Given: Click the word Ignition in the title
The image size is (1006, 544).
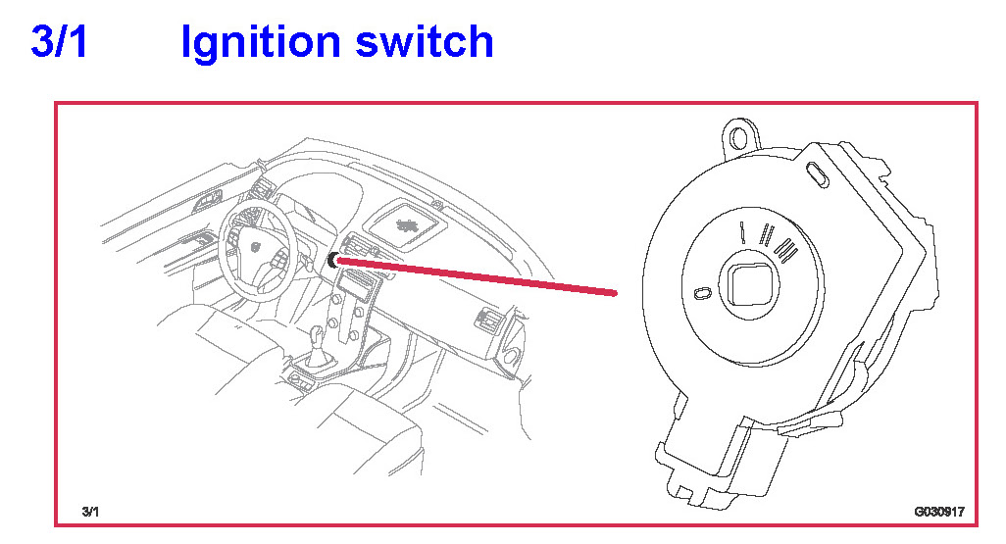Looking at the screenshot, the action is [261, 43].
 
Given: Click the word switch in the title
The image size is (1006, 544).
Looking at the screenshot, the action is [425, 42].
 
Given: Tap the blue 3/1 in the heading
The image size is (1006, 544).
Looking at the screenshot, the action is [59, 41].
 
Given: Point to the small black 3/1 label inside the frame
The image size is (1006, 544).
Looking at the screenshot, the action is [90, 512].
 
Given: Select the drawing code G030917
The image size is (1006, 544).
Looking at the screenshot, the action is [939, 512].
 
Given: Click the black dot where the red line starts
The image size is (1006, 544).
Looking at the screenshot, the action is [333, 260].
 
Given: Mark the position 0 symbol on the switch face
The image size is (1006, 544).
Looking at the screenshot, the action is [702, 293].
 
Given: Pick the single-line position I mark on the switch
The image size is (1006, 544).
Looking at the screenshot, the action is [742, 233].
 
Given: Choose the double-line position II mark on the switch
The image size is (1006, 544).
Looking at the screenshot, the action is [766, 235].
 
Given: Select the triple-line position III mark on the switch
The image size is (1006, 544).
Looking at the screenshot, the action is [785, 248].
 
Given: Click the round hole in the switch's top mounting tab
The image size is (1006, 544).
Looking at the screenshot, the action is [739, 136].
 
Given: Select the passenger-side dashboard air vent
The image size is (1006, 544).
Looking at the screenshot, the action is [487, 317].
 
